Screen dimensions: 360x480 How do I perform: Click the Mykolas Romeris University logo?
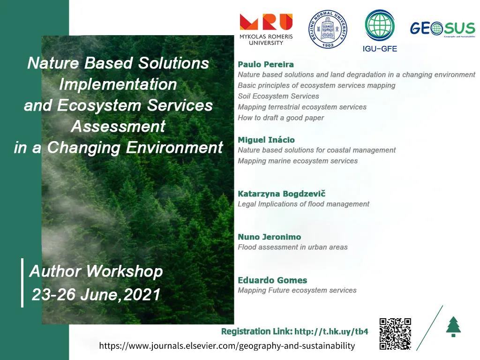(266, 29)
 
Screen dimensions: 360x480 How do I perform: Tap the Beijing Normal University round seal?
(328, 29)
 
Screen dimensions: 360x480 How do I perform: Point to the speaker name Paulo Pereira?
(266, 64)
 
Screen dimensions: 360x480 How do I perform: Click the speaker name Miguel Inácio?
(266, 140)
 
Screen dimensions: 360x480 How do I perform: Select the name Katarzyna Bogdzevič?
(281, 194)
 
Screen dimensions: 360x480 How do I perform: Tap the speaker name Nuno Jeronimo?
(269, 237)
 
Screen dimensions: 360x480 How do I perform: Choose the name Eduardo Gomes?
(272, 280)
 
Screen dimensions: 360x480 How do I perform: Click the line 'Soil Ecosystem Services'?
(278, 96)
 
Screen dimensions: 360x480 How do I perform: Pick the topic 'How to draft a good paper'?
(281, 118)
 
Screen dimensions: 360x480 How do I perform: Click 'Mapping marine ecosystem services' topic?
(298, 161)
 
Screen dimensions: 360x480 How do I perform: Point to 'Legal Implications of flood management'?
(303, 204)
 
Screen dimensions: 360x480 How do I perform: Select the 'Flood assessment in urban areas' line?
(292, 247)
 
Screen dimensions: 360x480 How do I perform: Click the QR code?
(395, 334)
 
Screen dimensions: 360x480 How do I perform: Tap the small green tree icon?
(453, 327)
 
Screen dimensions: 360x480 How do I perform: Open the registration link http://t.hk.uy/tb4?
(331, 331)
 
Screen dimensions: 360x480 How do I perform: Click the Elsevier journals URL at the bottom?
(227, 346)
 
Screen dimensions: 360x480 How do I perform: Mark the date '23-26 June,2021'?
(96, 294)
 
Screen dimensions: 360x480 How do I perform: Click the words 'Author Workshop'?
(96, 271)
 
